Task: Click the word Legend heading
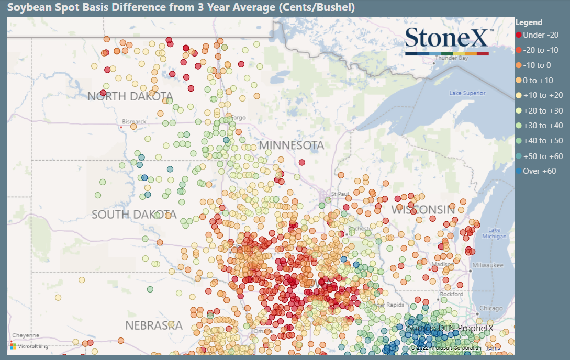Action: point(529,22)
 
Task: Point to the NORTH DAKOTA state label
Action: point(130,96)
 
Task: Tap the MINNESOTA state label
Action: point(292,145)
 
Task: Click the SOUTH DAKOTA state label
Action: point(134,215)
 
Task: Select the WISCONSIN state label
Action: point(423,210)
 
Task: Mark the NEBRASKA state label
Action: point(153,325)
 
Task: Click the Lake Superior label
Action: point(467,93)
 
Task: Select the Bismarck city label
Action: point(134,121)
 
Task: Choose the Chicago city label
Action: point(491,308)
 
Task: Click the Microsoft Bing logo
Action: point(29,346)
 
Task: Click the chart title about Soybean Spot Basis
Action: point(180,8)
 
